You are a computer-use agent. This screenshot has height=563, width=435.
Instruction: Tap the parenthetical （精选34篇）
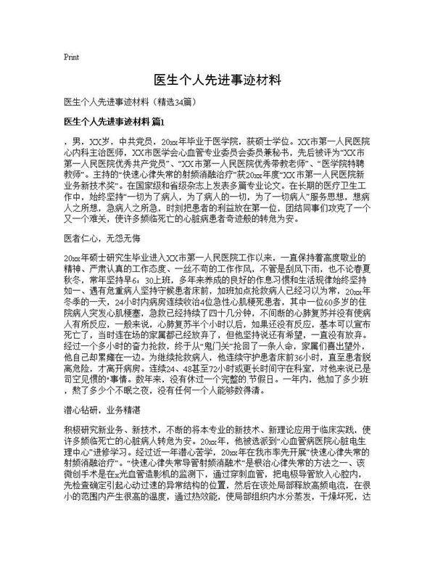coord(172,102)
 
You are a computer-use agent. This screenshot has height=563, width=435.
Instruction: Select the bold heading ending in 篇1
coord(115,120)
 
